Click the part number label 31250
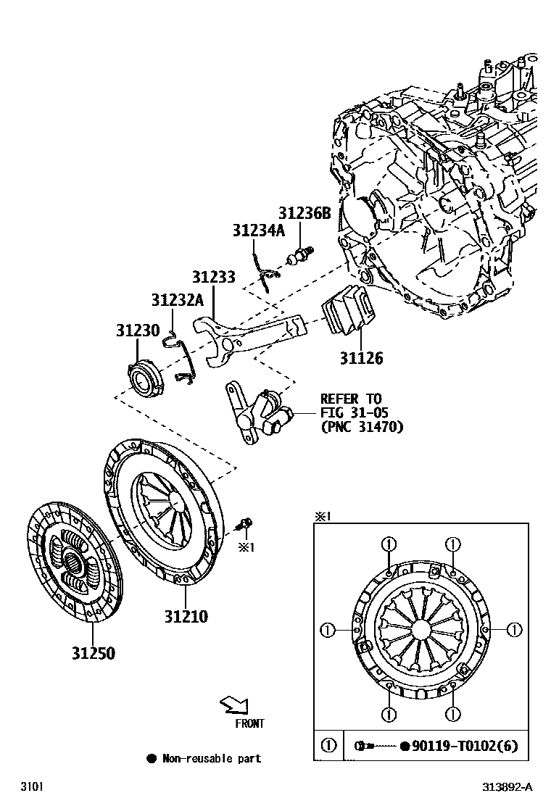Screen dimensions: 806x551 tap(93, 653)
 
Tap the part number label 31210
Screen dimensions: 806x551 tap(185, 617)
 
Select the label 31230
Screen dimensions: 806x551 tap(137, 331)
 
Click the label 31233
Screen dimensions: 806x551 tap(214, 277)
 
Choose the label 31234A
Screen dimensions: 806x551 tap(259, 230)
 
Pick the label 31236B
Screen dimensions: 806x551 tap(304, 213)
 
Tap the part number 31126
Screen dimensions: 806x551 tap(361, 358)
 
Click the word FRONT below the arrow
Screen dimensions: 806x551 tap(249, 723)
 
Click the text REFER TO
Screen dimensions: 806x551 tap(351, 399)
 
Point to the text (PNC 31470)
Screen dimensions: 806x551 tap(362, 427)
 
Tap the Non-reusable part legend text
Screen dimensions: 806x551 tap(211, 759)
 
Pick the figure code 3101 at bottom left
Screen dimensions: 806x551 tap(31, 787)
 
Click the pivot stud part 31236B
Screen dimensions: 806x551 tap(302, 255)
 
